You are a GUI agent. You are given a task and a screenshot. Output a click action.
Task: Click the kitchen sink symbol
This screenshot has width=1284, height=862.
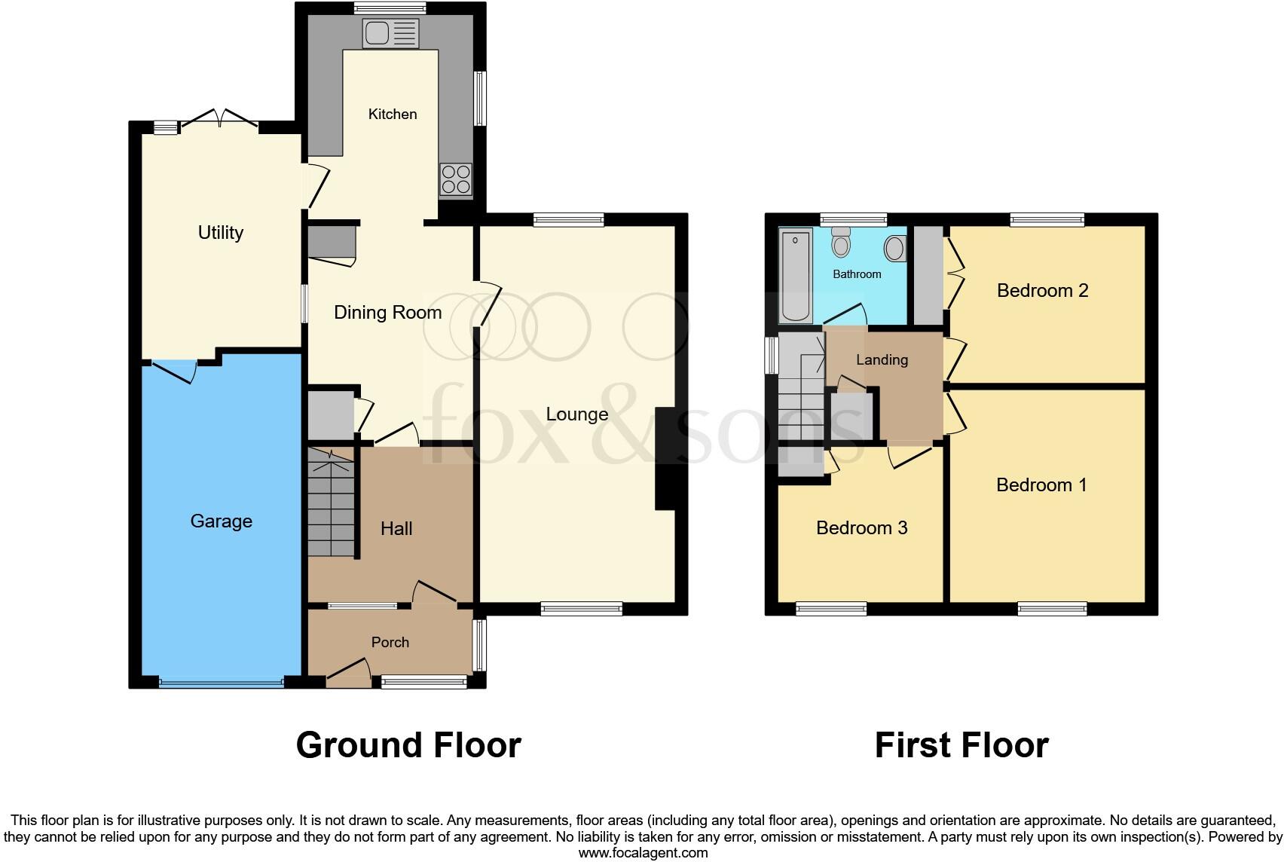[390, 33]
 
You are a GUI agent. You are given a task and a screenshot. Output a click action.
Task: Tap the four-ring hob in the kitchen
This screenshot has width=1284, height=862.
[456, 180]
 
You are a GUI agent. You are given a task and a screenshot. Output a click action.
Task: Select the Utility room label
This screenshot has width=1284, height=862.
[220, 233]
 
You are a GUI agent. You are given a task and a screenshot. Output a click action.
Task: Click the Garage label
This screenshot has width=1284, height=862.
[221, 521]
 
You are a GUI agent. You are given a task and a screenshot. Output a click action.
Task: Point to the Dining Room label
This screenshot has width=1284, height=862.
[387, 313]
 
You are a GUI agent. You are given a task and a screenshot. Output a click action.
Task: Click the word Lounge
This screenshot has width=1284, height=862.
[576, 414]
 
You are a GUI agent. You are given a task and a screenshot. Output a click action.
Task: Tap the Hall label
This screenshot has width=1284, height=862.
[396, 529]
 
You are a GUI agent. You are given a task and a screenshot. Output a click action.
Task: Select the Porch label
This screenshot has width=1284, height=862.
[390, 642]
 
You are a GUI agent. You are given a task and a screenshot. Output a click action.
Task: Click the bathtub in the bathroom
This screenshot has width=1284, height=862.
[796, 277]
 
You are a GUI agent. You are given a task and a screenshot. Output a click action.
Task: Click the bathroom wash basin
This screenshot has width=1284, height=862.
[895, 248]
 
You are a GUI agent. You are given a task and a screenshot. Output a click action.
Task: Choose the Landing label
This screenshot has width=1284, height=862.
[882, 360]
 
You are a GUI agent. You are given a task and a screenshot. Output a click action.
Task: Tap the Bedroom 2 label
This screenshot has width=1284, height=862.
[1042, 291]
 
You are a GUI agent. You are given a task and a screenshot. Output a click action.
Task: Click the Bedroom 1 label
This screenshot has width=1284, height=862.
[1041, 485]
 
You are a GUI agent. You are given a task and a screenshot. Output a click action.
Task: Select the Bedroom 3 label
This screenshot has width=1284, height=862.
[861, 528]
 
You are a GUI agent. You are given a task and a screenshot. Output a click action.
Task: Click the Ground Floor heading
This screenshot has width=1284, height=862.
[408, 745]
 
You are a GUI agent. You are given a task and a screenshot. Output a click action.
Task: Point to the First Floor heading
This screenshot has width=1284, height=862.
[961, 745]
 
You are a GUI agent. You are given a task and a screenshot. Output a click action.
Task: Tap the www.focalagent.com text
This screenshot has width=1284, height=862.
[643, 853]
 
